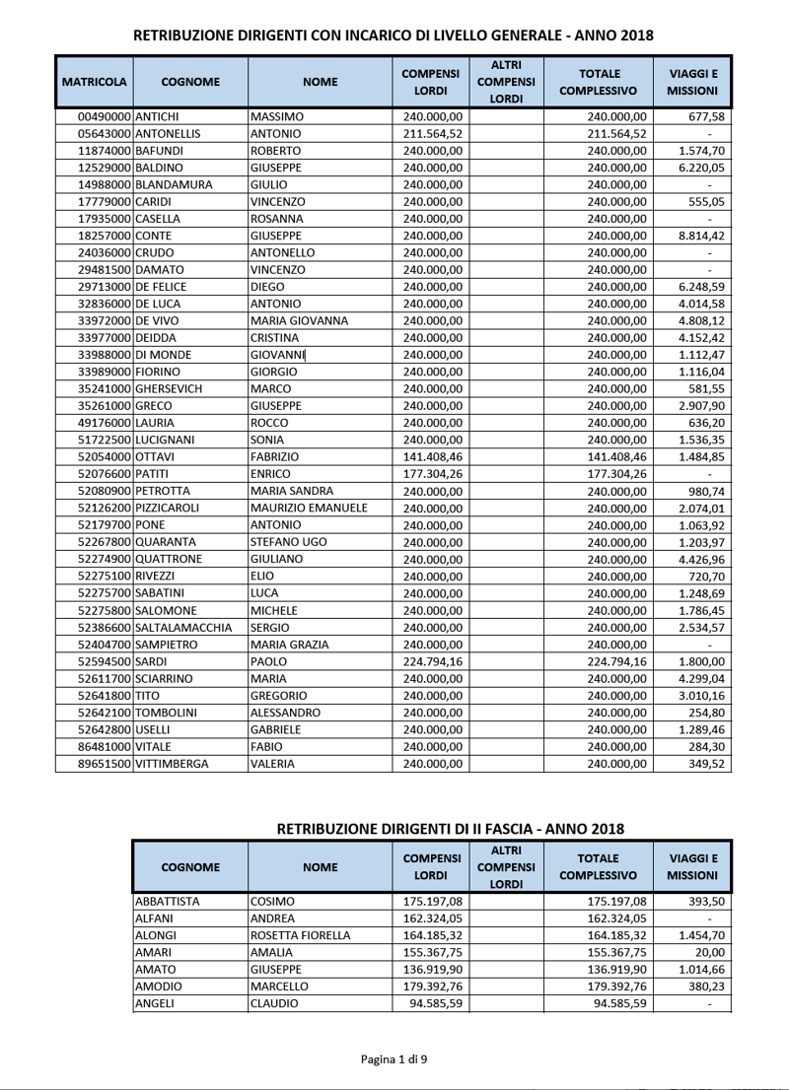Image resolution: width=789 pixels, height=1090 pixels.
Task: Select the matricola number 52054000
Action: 105,456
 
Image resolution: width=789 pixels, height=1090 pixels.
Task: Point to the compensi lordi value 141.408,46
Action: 433,456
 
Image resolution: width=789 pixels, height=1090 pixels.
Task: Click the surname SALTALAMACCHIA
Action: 183,627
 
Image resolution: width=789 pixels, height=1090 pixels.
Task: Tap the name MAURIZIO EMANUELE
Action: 310,508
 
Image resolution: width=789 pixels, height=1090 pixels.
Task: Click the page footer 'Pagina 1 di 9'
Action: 394,1059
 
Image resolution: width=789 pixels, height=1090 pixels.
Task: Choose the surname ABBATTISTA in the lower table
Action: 168,902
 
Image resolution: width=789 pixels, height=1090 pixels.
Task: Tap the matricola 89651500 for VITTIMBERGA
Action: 105,763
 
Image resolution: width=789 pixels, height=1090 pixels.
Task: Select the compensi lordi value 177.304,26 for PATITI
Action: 433,473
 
